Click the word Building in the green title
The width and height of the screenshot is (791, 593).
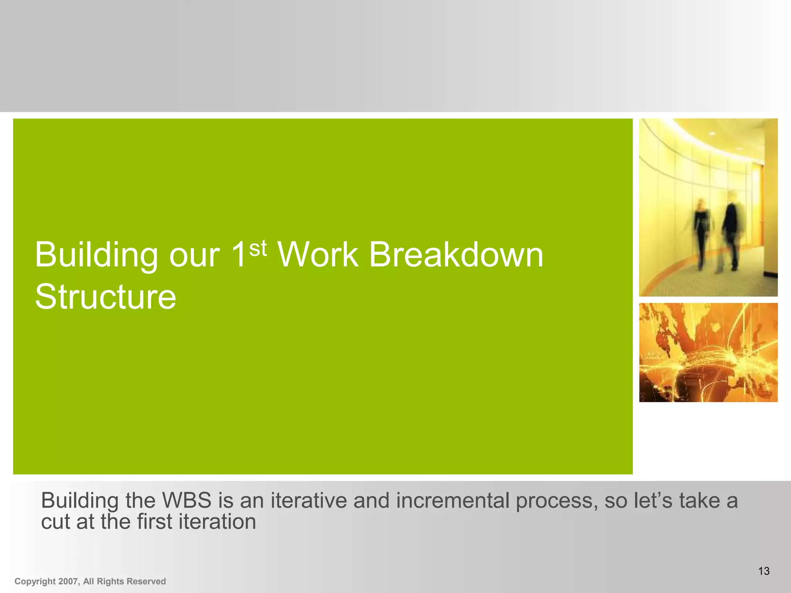(x=96, y=256)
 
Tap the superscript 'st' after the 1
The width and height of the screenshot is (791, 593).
(x=258, y=249)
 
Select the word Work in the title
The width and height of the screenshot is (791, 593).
(x=318, y=255)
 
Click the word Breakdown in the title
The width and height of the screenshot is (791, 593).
(x=456, y=255)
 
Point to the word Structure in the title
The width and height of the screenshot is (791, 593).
(x=105, y=297)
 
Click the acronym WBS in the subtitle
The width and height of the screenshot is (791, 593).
(x=187, y=501)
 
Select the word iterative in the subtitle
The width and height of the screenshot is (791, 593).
(x=309, y=501)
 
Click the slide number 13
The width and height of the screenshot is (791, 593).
(x=764, y=571)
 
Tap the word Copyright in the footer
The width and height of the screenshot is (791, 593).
(x=35, y=582)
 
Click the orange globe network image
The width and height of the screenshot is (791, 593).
(x=708, y=352)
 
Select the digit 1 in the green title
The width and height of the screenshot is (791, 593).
(x=238, y=255)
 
